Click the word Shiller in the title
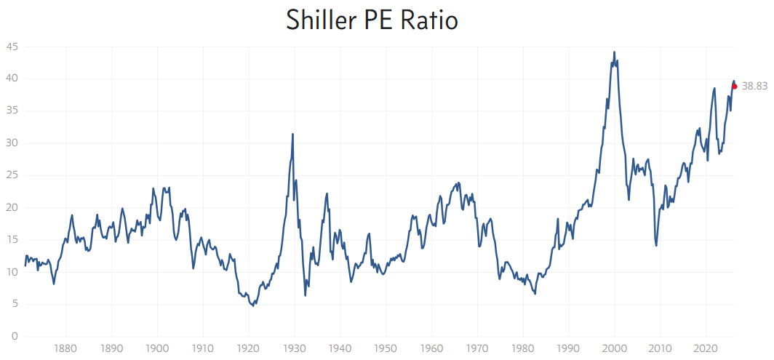[322, 20]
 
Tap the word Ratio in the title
[429, 20]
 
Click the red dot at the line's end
[735, 87]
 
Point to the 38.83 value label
[754, 86]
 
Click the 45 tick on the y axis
[12, 47]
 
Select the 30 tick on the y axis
[12, 143]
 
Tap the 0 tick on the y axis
[15, 337]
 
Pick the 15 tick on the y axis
[12, 240]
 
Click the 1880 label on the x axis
[65, 348]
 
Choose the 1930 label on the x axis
[295, 348]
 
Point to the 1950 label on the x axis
[386, 348]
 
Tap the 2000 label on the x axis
[615, 348]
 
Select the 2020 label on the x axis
[706, 348]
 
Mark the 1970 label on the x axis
[477, 348]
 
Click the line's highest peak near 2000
[614, 52]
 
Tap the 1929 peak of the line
[292, 135]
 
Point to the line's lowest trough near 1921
[252, 306]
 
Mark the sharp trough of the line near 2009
[656, 245]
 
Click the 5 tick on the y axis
[15, 305]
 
